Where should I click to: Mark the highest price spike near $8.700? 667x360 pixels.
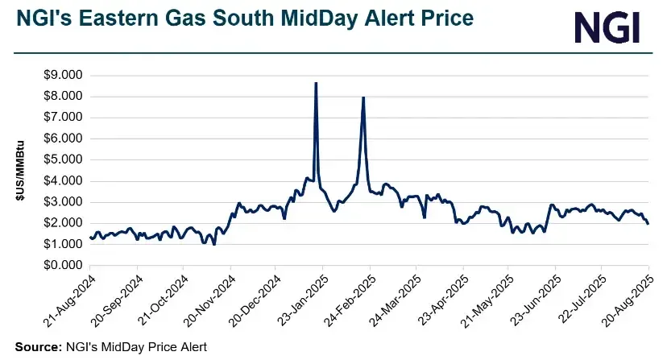coord(316,83)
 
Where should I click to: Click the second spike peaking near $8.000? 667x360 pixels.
coord(363,97)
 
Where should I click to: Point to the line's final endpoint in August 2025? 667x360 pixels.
coord(648,223)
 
